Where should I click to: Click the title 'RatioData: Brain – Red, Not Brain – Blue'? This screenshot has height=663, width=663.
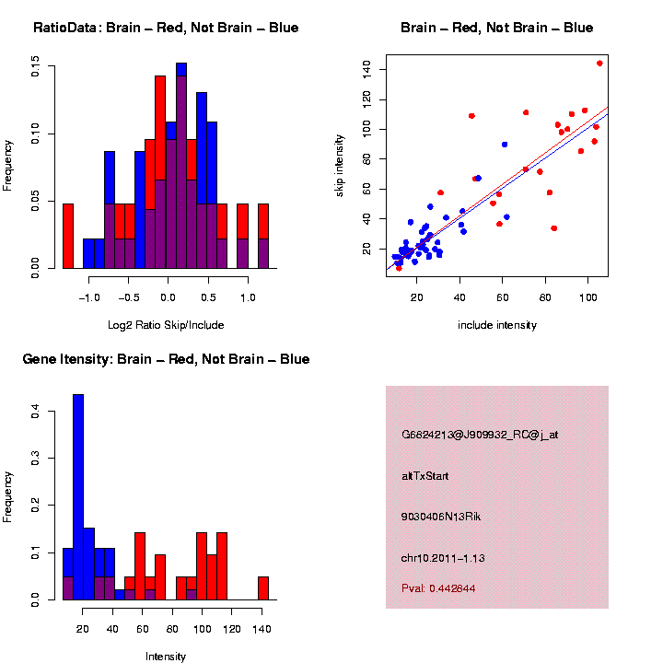pyautogui.click(x=166, y=28)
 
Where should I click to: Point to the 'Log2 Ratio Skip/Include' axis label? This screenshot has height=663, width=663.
pyautogui.click(x=167, y=324)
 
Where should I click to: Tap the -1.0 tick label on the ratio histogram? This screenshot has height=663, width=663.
pyautogui.click(x=89, y=298)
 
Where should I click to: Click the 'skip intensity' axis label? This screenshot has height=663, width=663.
pyautogui.click(x=340, y=164)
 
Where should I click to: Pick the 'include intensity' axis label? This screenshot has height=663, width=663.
pyautogui.click(x=496, y=324)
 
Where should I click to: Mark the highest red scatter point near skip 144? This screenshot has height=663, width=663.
pyautogui.click(x=599, y=64)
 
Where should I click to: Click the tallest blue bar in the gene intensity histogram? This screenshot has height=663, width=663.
pyautogui.click(x=78, y=497)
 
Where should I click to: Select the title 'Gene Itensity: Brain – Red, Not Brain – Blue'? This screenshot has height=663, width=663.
pyautogui.click(x=166, y=359)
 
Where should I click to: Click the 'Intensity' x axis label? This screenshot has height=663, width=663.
pyautogui.click(x=166, y=657)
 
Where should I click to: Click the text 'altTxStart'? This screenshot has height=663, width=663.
pyautogui.click(x=425, y=476)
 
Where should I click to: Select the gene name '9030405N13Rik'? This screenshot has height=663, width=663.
pyautogui.click(x=441, y=517)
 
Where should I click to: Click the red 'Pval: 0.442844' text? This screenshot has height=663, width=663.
pyautogui.click(x=438, y=587)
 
